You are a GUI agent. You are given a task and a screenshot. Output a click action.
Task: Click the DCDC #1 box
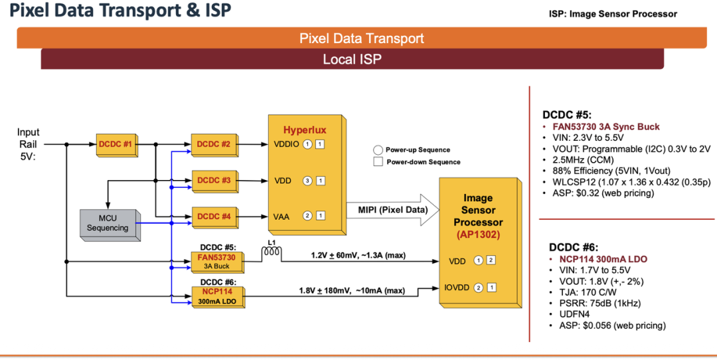115,144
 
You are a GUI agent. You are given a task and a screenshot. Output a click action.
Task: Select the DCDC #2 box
212,144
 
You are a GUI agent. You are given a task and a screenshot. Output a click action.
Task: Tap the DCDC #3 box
212,180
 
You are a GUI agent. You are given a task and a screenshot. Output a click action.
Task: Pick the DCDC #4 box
212,217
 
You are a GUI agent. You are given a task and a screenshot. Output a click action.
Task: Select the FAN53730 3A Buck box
217,262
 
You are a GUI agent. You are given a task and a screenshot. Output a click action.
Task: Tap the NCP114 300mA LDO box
217,296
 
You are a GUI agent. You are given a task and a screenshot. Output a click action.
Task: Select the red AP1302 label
478,234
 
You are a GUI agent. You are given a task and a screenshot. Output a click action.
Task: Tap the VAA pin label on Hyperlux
282,215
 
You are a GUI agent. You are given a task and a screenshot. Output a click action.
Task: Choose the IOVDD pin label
457,288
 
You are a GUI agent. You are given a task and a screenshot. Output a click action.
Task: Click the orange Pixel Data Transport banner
362,38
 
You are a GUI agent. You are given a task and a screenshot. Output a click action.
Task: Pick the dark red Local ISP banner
352,59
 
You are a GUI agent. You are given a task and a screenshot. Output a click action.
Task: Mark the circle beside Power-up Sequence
378,150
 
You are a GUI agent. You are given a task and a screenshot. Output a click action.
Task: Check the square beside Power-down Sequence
378,161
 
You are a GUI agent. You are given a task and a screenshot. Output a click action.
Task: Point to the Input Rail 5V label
29,144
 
